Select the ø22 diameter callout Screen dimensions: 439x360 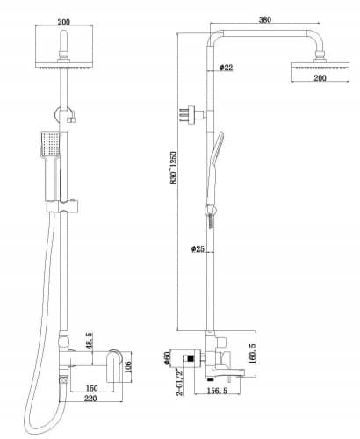[226, 68]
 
